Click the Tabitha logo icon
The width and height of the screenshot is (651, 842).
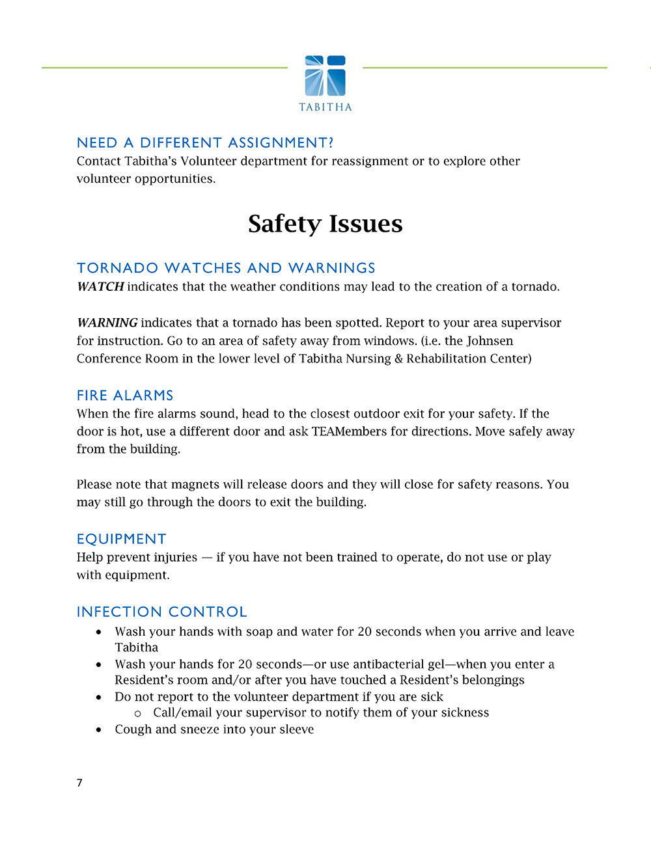click(x=325, y=75)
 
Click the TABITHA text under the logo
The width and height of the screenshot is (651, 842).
click(x=325, y=107)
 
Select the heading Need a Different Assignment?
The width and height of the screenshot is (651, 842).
click(x=205, y=143)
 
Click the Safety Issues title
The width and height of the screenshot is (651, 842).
click(x=325, y=224)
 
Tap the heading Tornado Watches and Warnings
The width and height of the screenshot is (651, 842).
click(x=226, y=268)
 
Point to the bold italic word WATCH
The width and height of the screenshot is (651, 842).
click(x=100, y=287)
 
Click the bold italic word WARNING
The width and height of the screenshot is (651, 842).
click(x=107, y=323)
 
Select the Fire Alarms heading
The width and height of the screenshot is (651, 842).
click(x=125, y=396)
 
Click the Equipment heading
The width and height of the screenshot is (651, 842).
click(x=121, y=539)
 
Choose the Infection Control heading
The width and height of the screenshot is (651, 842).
click(x=161, y=612)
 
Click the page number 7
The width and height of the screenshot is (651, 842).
click(x=79, y=783)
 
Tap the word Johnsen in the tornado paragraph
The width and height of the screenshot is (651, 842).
click(x=490, y=341)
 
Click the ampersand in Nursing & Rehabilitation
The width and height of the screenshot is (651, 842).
click(x=398, y=359)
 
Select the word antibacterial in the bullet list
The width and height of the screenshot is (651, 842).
click(x=377, y=664)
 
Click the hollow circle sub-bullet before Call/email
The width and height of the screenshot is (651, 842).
click(x=137, y=714)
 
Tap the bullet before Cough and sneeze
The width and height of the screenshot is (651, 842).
click(x=98, y=730)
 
